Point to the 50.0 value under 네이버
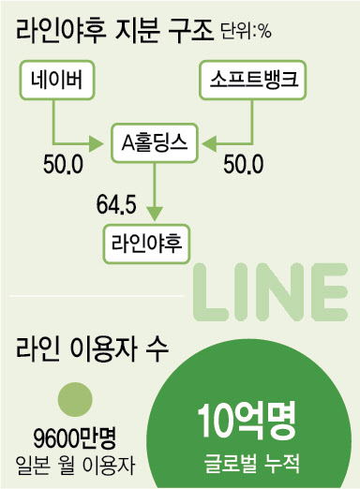coord(63,165)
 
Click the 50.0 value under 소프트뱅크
coord(244,165)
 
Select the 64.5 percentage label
coord(116,205)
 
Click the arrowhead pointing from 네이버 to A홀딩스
coord(96,144)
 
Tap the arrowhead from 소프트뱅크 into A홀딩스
coord(209,144)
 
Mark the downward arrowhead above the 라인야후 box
coord(155,215)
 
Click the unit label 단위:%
coord(247,32)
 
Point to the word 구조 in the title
coord(190,31)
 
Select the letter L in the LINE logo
coord(209,292)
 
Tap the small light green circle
coord(75,399)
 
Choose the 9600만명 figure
coord(75,439)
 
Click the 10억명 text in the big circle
coord(247,422)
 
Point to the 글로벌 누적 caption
coord(252,463)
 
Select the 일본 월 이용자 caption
coord(75,466)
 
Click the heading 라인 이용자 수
coord(92,349)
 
